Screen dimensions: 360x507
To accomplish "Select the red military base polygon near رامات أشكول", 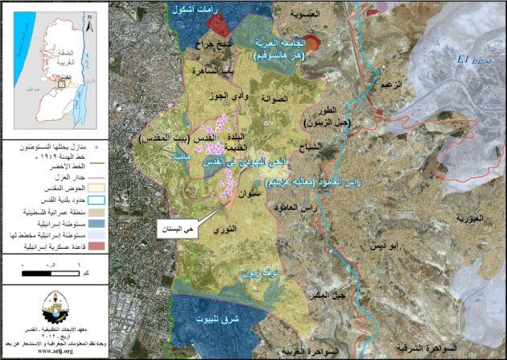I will (x=197, y=23).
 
